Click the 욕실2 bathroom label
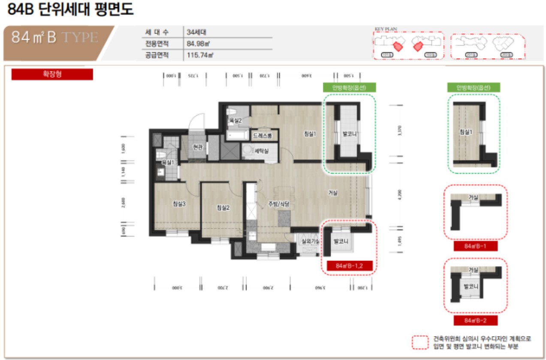[x=235, y=121]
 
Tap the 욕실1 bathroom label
[x=168, y=162]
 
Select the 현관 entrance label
[x=197, y=147]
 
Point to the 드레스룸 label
[x=262, y=135]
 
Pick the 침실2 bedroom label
[x=223, y=208]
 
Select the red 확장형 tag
[x=52, y=74]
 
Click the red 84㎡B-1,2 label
[x=350, y=266]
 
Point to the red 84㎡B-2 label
[x=475, y=320]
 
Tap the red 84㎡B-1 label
[x=475, y=246]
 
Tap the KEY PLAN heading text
[x=386, y=29]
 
